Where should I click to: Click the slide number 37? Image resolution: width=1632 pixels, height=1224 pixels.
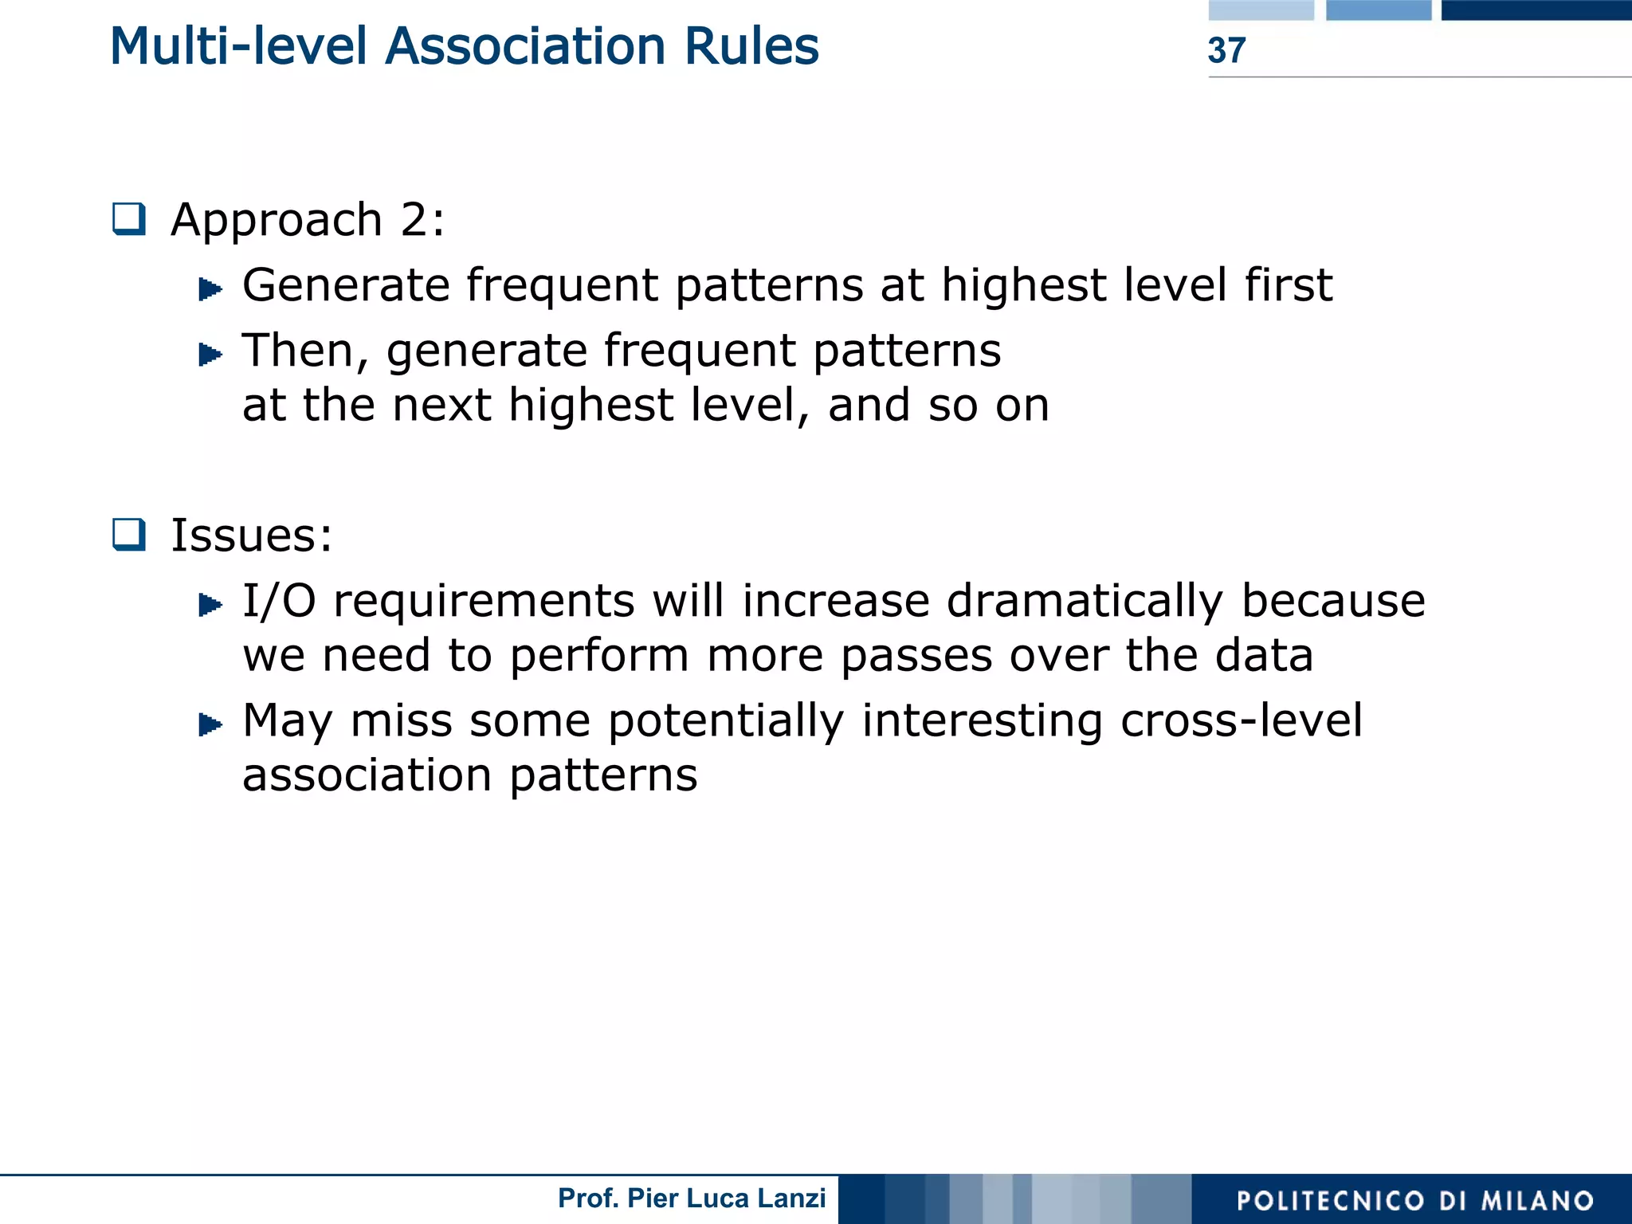click(1226, 50)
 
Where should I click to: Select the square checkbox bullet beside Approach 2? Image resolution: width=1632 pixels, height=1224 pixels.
click(129, 219)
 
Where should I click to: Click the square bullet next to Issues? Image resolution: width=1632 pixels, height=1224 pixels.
click(129, 535)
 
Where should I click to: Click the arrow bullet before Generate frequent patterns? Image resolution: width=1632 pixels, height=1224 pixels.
click(210, 288)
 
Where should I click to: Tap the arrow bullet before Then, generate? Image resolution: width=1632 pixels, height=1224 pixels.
click(210, 354)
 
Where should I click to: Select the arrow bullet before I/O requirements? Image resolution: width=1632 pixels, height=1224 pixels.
click(210, 605)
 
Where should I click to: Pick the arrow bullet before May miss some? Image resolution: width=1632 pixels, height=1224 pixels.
click(210, 724)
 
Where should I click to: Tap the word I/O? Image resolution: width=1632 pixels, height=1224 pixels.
click(279, 601)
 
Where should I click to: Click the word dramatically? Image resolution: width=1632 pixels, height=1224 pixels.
click(1085, 602)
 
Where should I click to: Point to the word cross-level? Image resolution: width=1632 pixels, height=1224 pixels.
click(1241, 720)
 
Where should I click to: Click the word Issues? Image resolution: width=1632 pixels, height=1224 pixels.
click(251, 535)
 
